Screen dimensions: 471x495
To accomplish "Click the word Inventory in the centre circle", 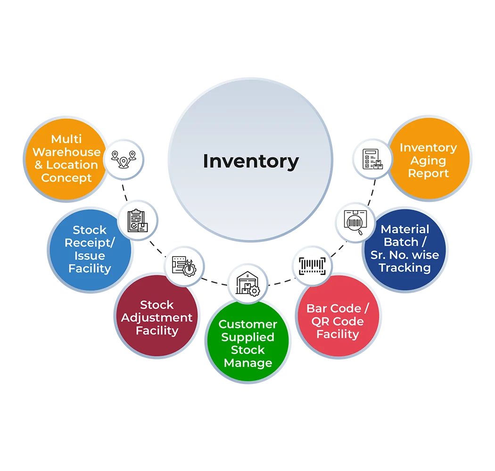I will pos(250,161).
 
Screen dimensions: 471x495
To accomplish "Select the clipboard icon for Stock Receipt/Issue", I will pos(137,220).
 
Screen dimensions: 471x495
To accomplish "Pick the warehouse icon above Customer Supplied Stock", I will pos(247,283).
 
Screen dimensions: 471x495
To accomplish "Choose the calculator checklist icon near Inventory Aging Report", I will pos(372,159).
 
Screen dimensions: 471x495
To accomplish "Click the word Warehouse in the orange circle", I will pos(66,152).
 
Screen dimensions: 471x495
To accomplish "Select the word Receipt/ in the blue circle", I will pos(89,243).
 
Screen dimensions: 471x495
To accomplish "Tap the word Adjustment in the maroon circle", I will pos(157,318).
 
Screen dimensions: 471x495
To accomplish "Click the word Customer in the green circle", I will pos(247,324).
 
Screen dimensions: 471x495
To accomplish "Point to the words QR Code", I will pos(337,321).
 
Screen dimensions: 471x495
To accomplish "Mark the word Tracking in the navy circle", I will pos(404,268).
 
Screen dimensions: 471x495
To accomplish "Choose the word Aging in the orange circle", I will pos(428,160).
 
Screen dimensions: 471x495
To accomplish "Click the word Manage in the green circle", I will pos(247,363).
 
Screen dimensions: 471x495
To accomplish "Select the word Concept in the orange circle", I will pos(66,178).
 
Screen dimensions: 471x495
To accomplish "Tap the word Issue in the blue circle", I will pos(89,256).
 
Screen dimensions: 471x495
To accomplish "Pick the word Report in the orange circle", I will pos(428,173).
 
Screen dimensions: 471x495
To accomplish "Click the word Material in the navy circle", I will pos(404,229).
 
